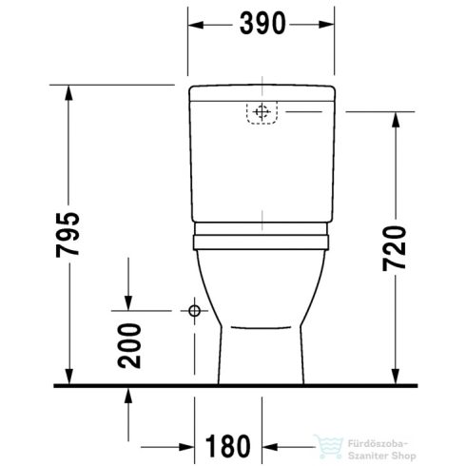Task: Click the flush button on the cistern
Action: [x=261, y=113]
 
